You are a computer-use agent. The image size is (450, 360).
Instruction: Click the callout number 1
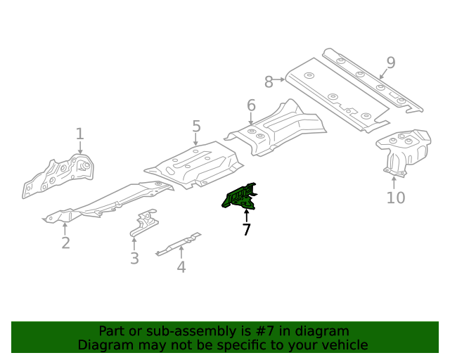[x=79, y=133]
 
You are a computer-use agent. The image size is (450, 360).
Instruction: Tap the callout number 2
[x=65, y=243]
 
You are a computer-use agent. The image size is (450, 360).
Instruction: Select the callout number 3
[x=134, y=259]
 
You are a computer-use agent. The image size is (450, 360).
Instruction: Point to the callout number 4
[x=181, y=266]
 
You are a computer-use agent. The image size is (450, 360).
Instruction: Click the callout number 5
[x=196, y=127]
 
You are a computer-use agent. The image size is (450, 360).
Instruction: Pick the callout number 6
[x=251, y=106]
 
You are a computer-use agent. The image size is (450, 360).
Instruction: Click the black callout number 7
[x=246, y=229]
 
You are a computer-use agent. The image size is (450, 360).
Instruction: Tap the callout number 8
[x=269, y=82]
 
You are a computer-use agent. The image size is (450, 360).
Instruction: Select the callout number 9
[x=390, y=63]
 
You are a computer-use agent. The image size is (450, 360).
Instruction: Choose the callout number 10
[x=396, y=198]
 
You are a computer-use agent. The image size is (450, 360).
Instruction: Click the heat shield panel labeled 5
[x=193, y=166]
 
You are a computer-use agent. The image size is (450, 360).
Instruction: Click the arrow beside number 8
[x=281, y=80]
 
